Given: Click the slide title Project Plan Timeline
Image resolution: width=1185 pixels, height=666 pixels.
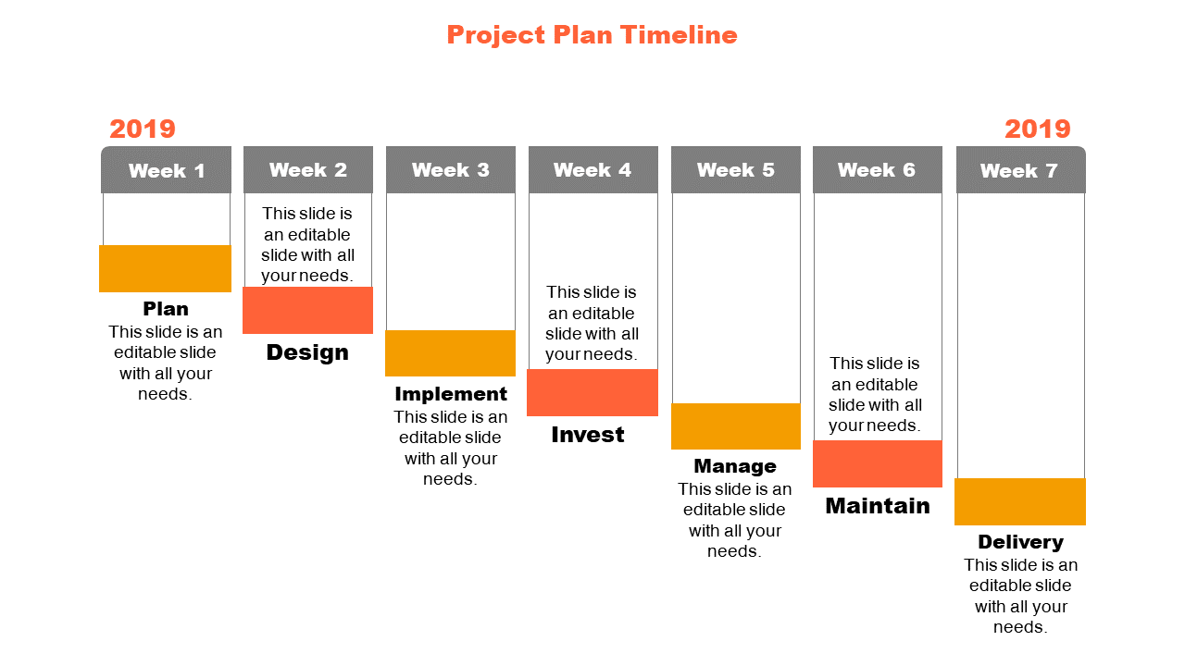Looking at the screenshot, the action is (592, 35).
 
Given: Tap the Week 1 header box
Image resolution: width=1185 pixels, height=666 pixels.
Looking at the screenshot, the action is (166, 169).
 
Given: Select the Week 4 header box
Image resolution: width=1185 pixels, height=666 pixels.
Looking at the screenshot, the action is (593, 169).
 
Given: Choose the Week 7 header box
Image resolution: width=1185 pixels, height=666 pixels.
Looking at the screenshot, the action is (1020, 169).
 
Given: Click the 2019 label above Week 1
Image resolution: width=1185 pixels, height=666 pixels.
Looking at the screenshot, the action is (143, 129).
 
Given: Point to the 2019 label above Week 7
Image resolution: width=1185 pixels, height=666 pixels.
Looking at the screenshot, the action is (1038, 129).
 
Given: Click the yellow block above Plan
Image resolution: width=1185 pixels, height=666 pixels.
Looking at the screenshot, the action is (165, 268).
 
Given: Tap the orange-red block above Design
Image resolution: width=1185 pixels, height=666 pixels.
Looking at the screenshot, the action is (307, 310).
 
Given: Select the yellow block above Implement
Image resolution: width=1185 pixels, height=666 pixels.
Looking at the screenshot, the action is (450, 353).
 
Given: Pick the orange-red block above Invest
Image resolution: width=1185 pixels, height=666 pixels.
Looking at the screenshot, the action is (592, 393).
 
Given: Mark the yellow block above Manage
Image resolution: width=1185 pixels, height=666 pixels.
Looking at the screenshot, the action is (736, 426).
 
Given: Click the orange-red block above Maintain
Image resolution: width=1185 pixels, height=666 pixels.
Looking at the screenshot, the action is (878, 463).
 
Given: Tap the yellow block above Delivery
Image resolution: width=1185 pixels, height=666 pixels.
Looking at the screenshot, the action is (1020, 501).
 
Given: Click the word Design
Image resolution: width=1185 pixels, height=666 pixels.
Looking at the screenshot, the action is (307, 352).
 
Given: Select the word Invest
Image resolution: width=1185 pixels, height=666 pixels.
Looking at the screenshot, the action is (588, 435).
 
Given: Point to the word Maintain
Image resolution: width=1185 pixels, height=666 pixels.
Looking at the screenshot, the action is (878, 506).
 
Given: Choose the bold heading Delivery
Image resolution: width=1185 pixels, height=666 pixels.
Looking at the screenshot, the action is (1020, 542).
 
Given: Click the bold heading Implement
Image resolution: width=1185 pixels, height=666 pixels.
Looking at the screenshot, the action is (451, 394).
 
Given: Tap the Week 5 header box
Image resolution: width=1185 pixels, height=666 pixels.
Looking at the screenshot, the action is (736, 169).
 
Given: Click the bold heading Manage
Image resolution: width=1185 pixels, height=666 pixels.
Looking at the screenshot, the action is (735, 466).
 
